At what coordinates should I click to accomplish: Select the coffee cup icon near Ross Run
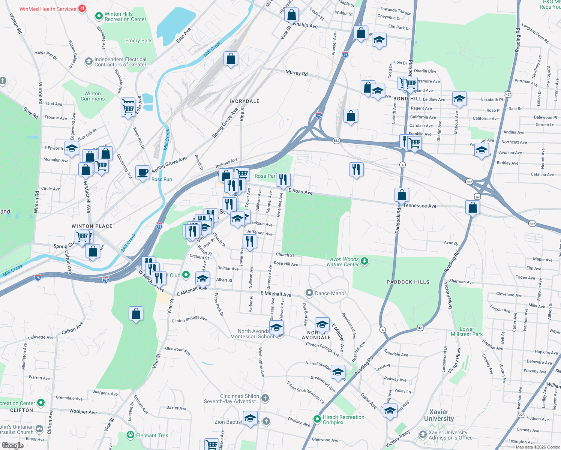coord(142,172)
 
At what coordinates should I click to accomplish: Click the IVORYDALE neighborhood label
coord(244,101)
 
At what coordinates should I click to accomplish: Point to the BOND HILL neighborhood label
coord(408,99)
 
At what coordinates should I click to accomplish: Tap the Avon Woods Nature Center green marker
coord(364,261)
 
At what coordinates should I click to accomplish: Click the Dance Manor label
coord(330,293)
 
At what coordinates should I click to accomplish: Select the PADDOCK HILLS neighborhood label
coord(408,282)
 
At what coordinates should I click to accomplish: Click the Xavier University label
coord(439,415)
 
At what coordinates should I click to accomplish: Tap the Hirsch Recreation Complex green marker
coord(317,418)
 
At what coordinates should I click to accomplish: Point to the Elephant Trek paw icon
coord(130,435)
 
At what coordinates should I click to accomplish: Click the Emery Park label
coord(138,40)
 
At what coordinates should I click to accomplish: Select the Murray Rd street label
coord(296,73)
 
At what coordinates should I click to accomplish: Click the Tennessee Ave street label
coord(420,205)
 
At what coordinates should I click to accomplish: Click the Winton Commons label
coord(93,96)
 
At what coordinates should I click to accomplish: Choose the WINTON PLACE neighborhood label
coord(92,226)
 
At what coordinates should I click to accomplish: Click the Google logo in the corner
coord(12,445)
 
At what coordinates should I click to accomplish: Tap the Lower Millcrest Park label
coord(466,331)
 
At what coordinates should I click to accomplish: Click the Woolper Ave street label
coord(83,411)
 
